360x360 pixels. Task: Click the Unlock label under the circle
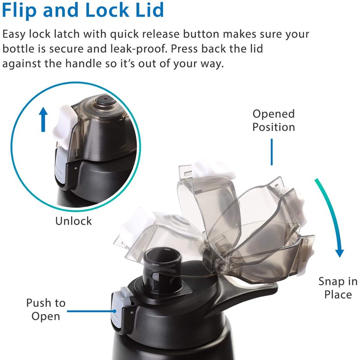pos(73,221)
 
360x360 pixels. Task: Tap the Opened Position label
pos(274,121)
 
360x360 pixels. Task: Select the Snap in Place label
pos(338,288)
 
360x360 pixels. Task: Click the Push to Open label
pos(45,310)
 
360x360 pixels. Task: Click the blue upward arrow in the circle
pos(43,120)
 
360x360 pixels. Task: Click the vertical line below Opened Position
pos(272,152)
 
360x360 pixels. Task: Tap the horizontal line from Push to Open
pos(90,310)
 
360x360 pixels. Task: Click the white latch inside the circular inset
pos(63,122)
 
